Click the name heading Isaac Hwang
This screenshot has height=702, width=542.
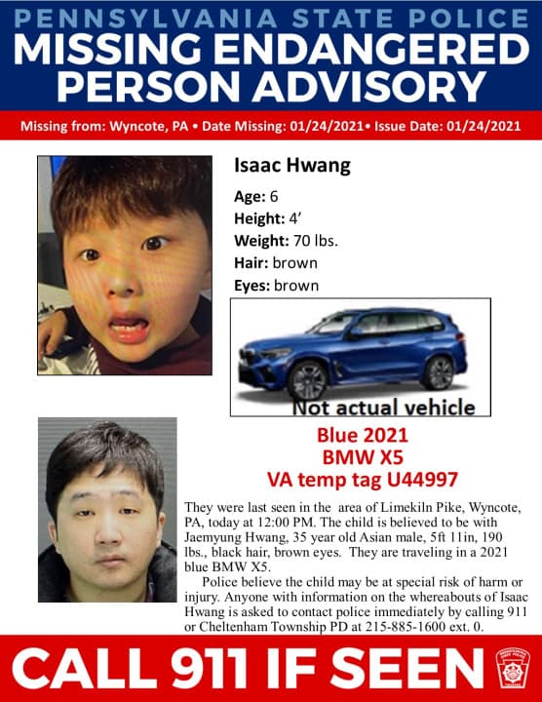pos(291,166)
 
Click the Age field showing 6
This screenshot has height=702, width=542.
pos(273,194)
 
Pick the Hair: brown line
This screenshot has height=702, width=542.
pos(275,263)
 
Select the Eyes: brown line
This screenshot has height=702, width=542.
pos(277,286)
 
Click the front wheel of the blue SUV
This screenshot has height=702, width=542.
pos(309,378)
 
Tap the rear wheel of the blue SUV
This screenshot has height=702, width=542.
pos(439,370)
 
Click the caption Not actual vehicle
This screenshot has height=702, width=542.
pos(383,408)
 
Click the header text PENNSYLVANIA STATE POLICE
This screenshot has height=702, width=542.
pos(271,17)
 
